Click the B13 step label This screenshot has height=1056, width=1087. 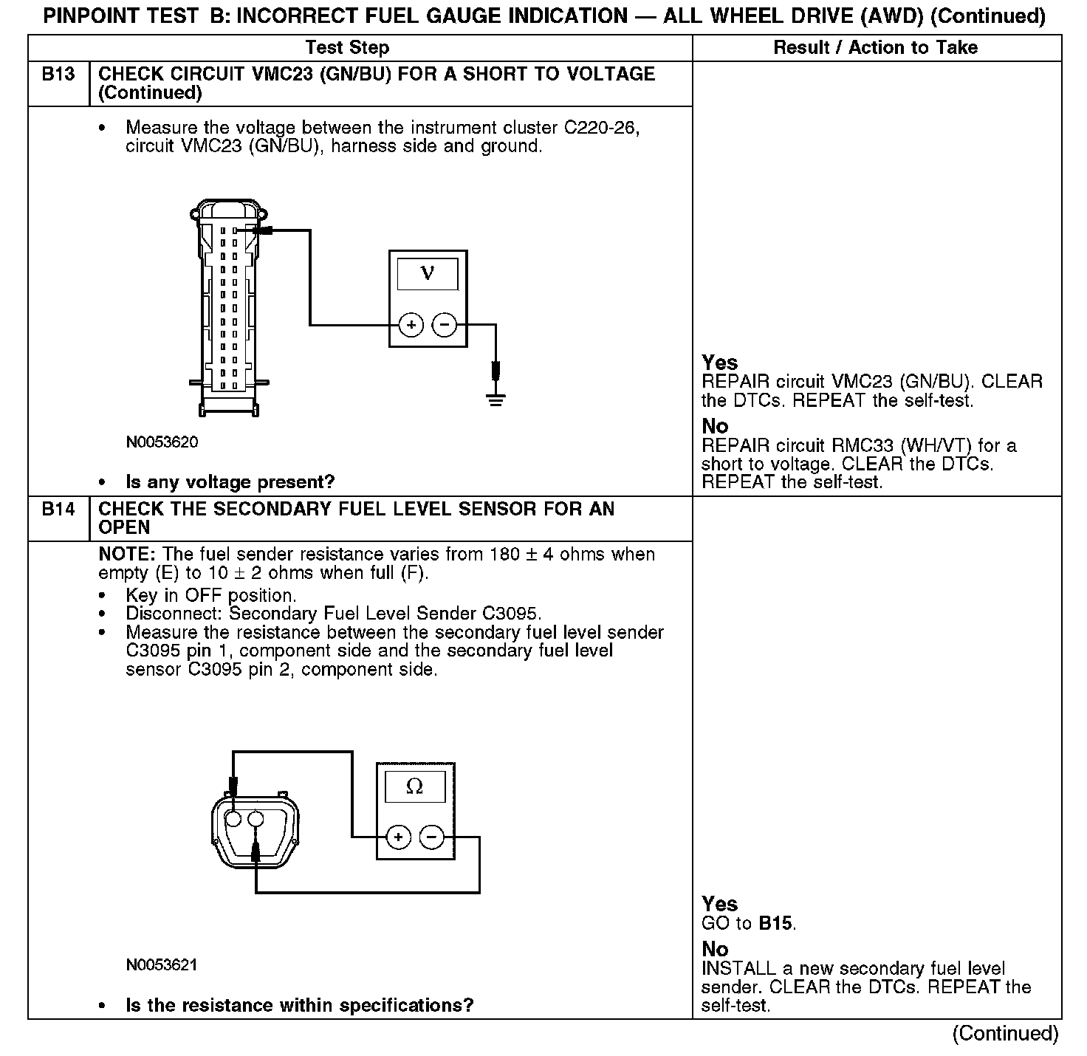[x=58, y=75]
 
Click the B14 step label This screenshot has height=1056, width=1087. [x=58, y=510]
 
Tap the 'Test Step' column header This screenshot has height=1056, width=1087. [x=347, y=48]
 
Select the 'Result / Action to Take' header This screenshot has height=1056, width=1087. [x=875, y=48]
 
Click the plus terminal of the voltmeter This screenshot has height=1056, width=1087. [x=411, y=324]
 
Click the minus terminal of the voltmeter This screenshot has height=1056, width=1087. [x=444, y=324]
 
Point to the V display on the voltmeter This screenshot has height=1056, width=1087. [x=428, y=274]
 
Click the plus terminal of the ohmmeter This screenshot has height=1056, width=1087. [x=399, y=837]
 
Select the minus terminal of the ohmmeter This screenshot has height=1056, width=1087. [x=432, y=837]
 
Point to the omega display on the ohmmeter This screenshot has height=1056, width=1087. [x=415, y=787]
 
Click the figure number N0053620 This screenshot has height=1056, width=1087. [x=162, y=442]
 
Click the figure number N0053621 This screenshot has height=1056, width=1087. [x=162, y=965]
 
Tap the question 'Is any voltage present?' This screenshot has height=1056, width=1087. [x=230, y=482]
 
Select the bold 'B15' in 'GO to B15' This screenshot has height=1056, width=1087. [x=776, y=923]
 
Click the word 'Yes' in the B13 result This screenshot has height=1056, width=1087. [x=719, y=363]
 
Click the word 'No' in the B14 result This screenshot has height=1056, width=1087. [x=715, y=949]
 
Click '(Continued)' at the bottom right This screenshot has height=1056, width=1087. [x=1006, y=1033]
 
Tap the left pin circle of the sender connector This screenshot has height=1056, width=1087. [x=233, y=819]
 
